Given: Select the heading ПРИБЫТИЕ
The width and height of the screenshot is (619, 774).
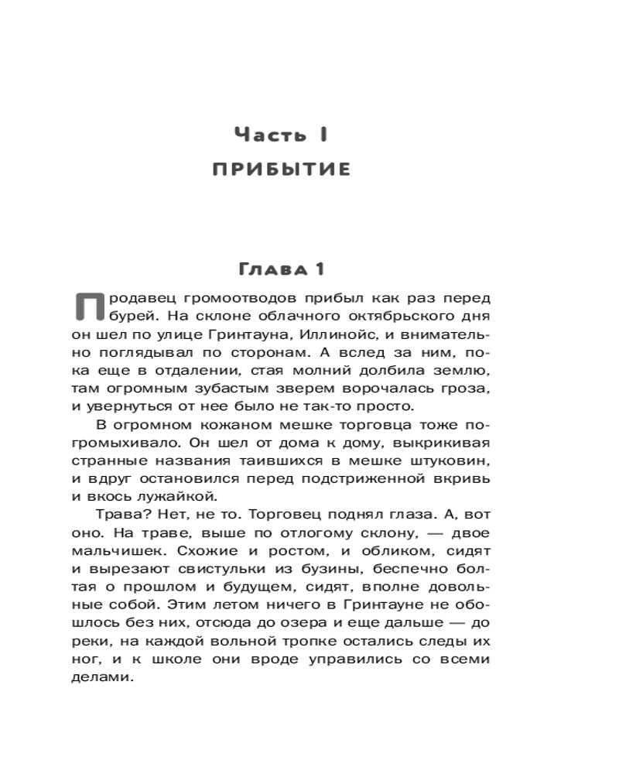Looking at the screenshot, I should [x=282, y=169].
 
